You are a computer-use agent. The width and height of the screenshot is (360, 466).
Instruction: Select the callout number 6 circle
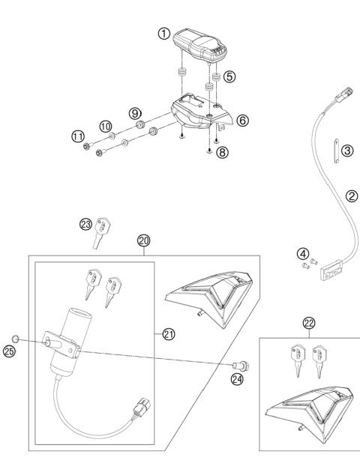point(241,119)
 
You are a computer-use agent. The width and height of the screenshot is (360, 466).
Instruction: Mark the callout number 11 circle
point(77,136)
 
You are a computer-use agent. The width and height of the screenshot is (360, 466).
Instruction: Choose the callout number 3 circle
point(346,151)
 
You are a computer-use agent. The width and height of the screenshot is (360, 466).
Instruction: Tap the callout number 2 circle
point(351,196)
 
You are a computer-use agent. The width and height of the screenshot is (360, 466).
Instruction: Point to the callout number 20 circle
point(144,240)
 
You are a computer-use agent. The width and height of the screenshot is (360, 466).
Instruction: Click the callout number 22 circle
point(308,323)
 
